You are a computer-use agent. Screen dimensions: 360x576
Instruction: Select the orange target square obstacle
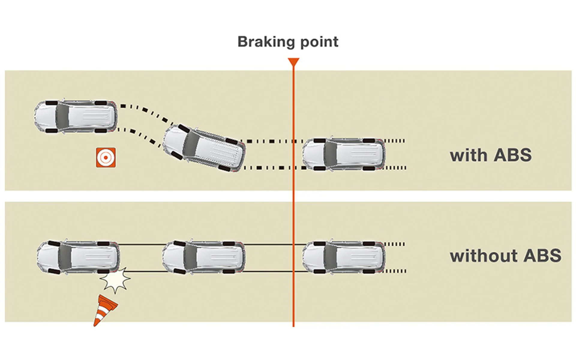tap(106, 157)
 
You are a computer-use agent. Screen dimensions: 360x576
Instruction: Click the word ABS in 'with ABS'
tap(512, 155)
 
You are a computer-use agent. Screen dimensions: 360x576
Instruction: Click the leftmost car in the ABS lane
tap(75, 116)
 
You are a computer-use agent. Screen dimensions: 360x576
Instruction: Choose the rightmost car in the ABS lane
tap(344, 154)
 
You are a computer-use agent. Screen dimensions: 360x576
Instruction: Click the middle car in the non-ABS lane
tap(203, 257)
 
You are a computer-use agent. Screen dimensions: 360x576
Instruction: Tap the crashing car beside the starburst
tap(77, 257)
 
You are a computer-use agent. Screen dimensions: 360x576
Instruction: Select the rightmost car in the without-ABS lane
tap(344, 257)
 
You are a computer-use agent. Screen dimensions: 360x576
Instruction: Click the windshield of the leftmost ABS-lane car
tap(62, 116)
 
